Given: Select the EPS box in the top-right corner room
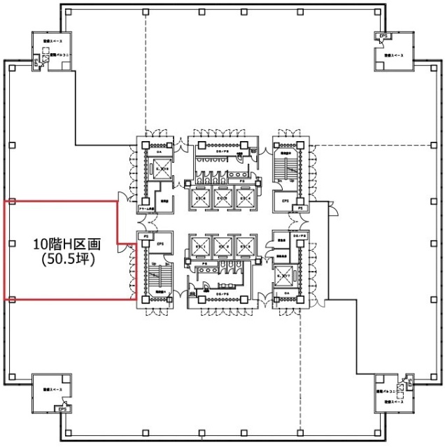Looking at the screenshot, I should click(383, 36).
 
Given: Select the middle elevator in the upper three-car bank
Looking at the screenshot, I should click(223, 197).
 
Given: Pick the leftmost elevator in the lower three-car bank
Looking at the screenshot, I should click(199, 246).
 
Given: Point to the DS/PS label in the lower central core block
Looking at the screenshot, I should click(223, 296).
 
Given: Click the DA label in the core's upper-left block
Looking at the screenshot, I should click(160, 152).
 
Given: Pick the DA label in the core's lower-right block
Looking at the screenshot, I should click(286, 293).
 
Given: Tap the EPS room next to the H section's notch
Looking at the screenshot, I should click(160, 244).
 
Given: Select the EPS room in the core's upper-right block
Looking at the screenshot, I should click(285, 201).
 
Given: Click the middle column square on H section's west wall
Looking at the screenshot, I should click(13, 244).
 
